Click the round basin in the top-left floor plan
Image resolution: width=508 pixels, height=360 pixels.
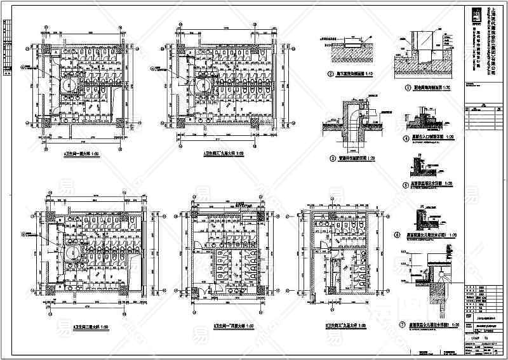[x=68, y=84]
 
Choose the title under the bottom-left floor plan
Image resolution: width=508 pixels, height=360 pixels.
[x=84, y=326]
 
